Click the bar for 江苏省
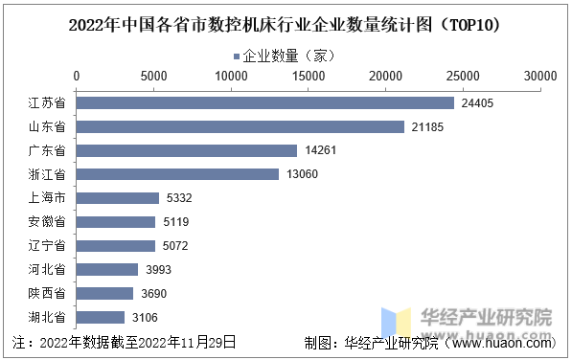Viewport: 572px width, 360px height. (x=265, y=103)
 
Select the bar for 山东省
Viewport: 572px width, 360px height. (x=240, y=126)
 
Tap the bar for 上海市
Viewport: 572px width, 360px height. (x=118, y=198)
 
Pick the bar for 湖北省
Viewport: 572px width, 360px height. (x=101, y=317)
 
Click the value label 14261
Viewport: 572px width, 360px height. (x=321, y=150)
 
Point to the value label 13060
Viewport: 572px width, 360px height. (x=302, y=174)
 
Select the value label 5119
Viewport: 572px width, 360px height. (x=176, y=222)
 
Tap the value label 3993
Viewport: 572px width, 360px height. (x=158, y=270)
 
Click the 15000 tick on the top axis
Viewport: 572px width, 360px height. (x=309, y=77)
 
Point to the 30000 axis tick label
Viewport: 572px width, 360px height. (x=540, y=77)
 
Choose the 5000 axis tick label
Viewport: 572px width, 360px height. (x=154, y=77)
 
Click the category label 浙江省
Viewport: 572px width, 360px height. (x=47, y=174)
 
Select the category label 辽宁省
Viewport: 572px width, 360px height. (x=47, y=246)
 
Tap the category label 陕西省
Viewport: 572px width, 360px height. (x=47, y=293)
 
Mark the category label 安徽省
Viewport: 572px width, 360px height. (x=47, y=222)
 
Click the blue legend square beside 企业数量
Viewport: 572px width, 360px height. (x=237, y=56)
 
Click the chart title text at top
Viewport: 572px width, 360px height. (x=285, y=25)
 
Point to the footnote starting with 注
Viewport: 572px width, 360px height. (x=124, y=343)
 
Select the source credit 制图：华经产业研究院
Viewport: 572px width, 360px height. (x=371, y=343)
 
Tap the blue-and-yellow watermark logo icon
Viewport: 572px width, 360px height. (x=397, y=321)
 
